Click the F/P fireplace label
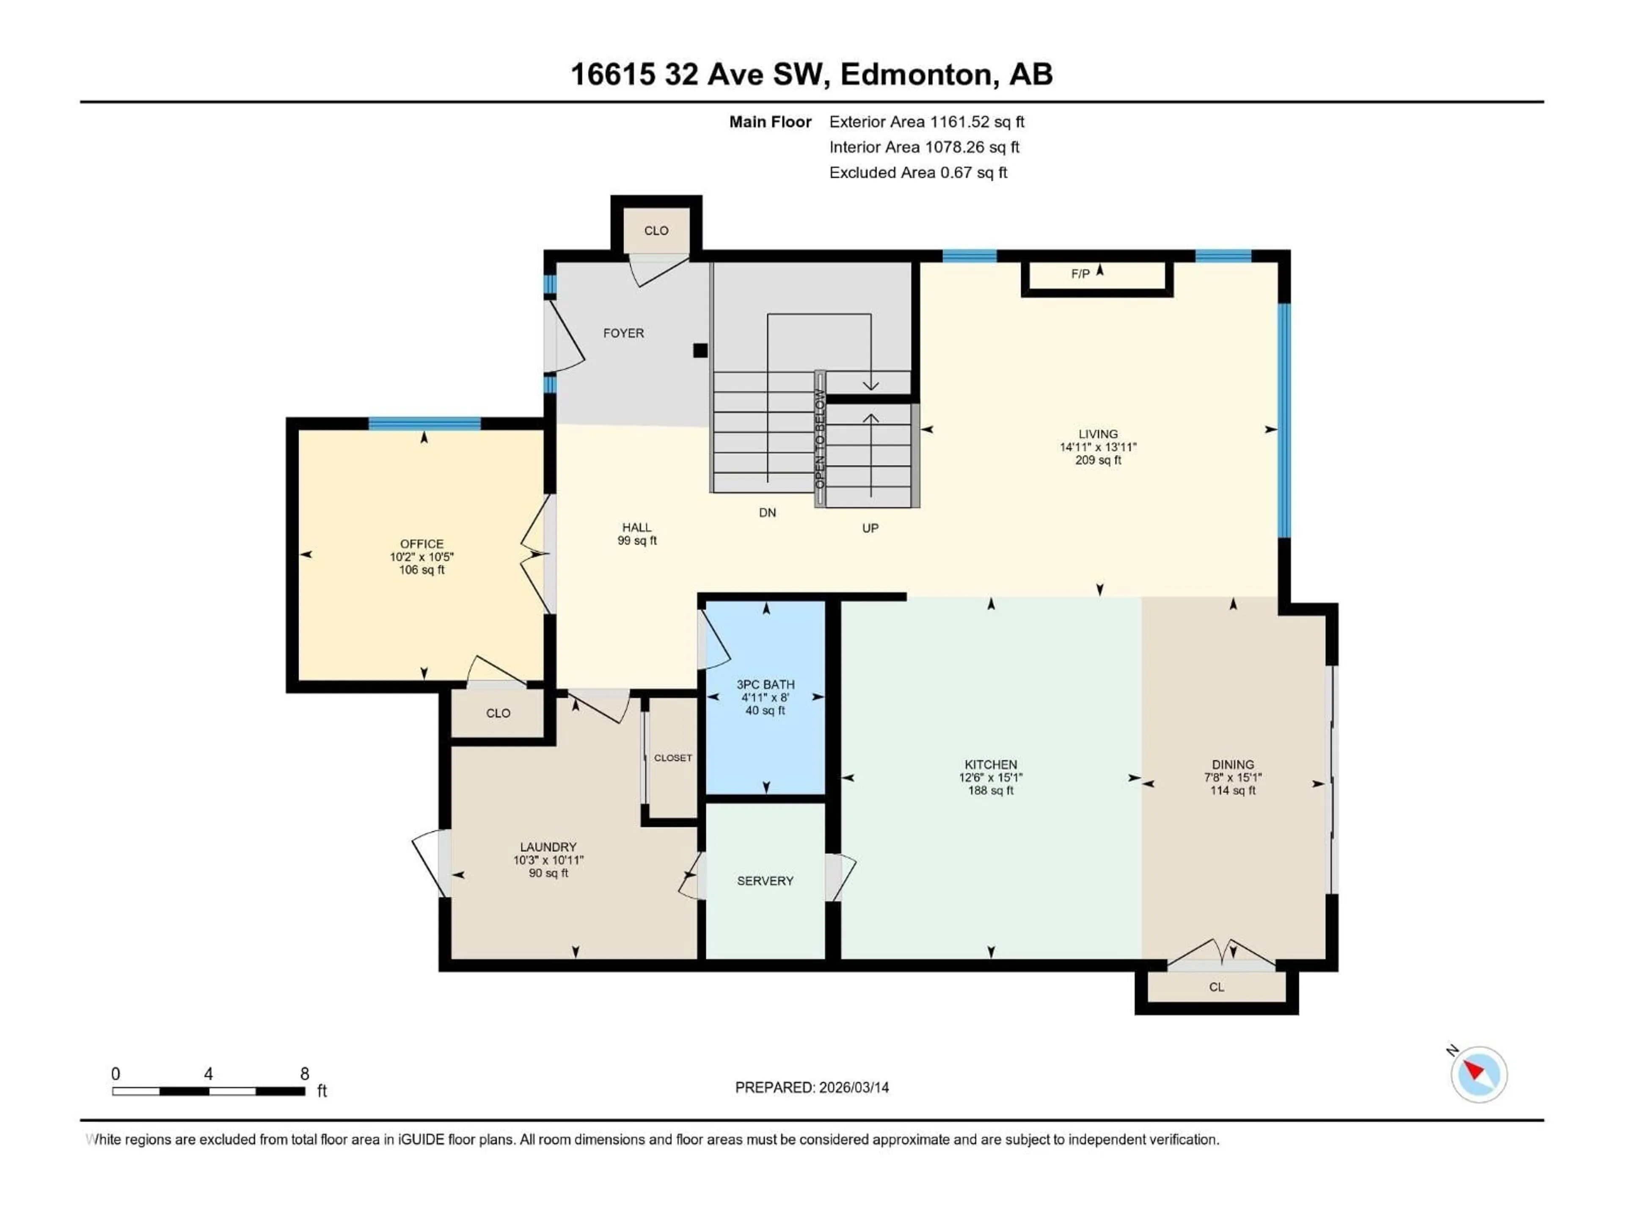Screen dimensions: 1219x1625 click(1080, 274)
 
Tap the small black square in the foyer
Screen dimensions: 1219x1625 click(700, 350)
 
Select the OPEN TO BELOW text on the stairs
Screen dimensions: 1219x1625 click(820, 439)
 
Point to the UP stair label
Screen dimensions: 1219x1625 click(870, 527)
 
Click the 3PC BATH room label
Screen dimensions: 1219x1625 click(766, 684)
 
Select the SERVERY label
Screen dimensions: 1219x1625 click(765, 880)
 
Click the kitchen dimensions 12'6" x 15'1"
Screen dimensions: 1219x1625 click(990, 778)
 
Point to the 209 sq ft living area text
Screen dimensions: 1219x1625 click(1098, 460)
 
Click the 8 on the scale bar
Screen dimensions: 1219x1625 click(304, 1073)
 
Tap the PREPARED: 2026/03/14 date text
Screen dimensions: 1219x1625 click(812, 1087)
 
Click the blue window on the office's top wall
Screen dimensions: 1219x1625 click(424, 423)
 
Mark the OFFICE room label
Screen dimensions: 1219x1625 click(421, 544)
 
